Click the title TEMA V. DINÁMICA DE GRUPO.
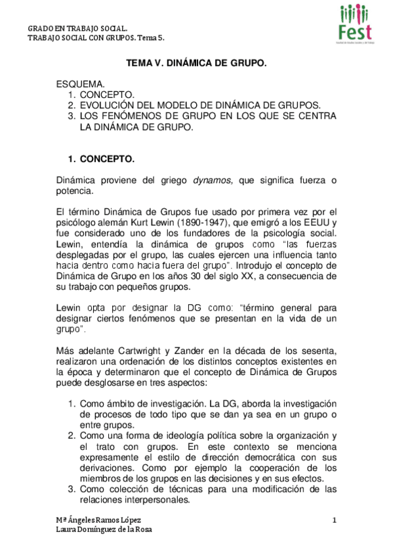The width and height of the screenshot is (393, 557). click(196, 64)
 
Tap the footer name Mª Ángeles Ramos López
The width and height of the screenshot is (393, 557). click(98, 521)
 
